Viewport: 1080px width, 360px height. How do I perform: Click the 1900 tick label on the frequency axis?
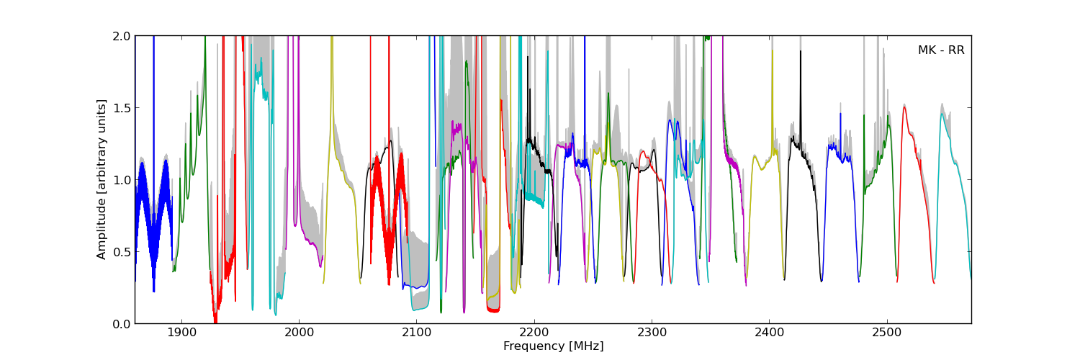181,333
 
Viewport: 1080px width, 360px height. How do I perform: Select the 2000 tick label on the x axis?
299,333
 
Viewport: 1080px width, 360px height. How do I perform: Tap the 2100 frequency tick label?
416,333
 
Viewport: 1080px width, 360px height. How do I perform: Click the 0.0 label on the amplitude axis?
121,324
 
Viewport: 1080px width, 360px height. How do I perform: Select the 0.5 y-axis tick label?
121,252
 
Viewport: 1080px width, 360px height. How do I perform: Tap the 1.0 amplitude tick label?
121,180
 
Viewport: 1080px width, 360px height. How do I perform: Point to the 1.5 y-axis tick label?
121,108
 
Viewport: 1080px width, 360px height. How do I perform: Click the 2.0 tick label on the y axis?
121,36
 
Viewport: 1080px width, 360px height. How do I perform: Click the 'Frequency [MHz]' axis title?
553,346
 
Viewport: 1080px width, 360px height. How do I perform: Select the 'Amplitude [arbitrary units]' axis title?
102,179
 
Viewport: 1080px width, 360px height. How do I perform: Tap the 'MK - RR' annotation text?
940,50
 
